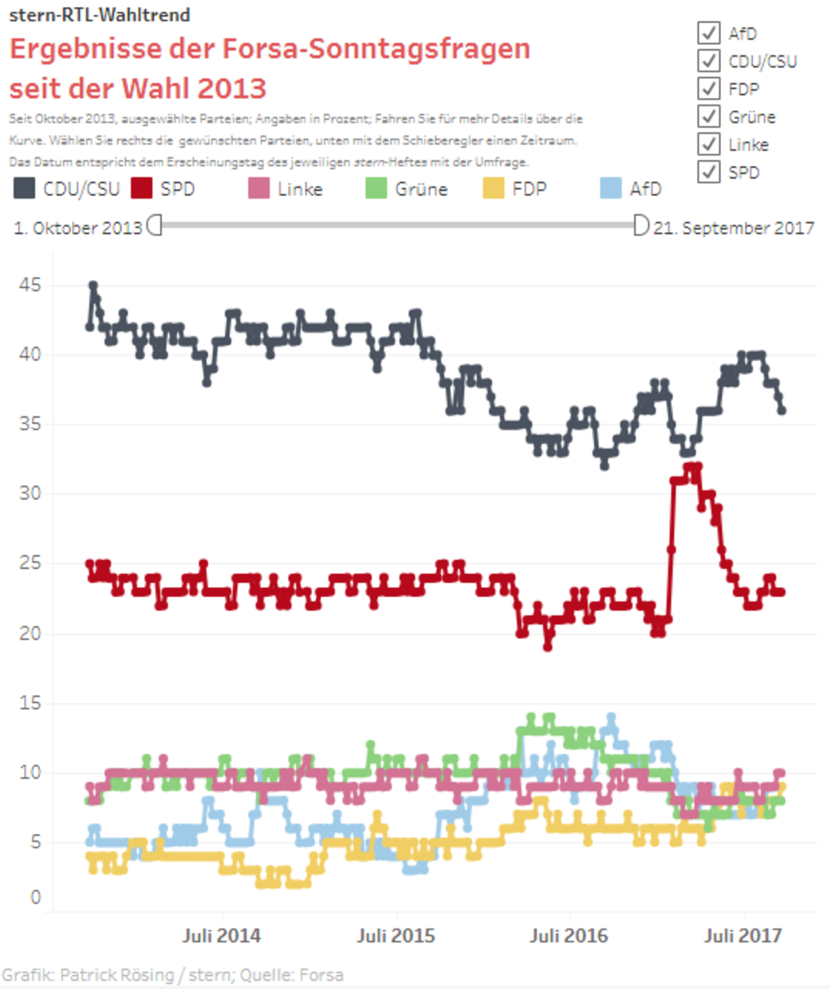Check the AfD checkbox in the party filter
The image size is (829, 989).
[x=709, y=33]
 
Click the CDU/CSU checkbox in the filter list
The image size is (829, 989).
[x=709, y=60]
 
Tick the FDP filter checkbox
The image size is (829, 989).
[x=709, y=88]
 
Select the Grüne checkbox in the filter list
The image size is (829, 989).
[x=709, y=116]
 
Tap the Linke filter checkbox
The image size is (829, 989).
[x=709, y=143]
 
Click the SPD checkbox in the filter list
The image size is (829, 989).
[x=709, y=171]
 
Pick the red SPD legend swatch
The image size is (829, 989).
[x=142, y=188]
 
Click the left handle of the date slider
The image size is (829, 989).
[x=155, y=226]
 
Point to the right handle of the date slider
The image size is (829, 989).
[x=641, y=226]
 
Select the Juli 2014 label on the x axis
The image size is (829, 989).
[x=222, y=935]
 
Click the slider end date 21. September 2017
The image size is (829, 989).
[x=734, y=228]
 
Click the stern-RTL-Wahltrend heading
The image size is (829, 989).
[x=99, y=15]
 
